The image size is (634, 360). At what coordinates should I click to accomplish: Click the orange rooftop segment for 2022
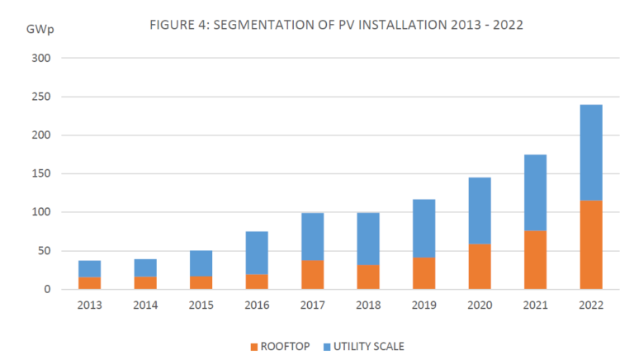point(590,244)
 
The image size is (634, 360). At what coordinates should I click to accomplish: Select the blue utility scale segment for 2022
point(590,153)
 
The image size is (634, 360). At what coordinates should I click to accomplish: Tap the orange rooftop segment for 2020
point(480,266)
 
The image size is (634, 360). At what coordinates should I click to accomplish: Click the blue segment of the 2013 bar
point(90,268)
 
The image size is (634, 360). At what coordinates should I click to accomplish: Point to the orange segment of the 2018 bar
point(368,277)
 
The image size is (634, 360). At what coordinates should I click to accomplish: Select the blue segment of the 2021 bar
point(535,192)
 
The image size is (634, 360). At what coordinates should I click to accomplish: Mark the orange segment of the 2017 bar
point(313,274)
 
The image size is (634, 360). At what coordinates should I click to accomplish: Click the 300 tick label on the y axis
point(43,59)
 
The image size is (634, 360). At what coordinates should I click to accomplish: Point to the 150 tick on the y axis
point(43,174)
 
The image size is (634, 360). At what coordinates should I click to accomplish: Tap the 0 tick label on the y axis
point(49,290)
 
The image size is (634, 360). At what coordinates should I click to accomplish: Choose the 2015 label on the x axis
point(201,306)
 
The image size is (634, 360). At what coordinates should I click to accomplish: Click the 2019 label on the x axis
point(423,306)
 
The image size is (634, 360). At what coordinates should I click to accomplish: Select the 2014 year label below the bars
point(145,306)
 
